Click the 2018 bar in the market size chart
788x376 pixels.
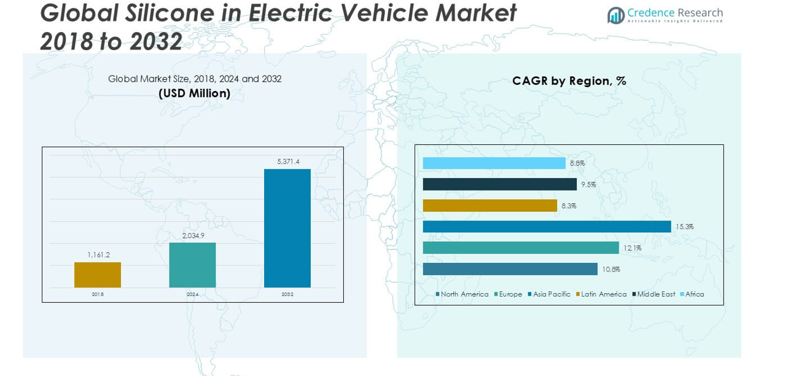coord(98,275)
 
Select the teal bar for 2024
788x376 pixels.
coord(192,265)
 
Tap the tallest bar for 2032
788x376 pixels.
coord(287,228)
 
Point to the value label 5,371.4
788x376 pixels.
coord(287,162)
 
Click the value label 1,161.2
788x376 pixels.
coord(98,255)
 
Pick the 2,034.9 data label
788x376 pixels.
coord(192,235)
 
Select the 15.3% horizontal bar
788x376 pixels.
coord(547,227)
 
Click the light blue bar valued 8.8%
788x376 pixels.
coord(494,163)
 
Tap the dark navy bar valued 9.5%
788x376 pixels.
coord(499,184)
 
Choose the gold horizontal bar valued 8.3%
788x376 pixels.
coord(490,206)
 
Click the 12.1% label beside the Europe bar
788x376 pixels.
coord(633,248)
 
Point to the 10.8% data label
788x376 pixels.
coord(611,269)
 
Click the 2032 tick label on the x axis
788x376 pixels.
coord(287,295)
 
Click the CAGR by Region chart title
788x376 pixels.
coord(569,81)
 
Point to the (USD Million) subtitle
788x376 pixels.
coord(195,93)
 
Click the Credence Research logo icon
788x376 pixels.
coord(615,15)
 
